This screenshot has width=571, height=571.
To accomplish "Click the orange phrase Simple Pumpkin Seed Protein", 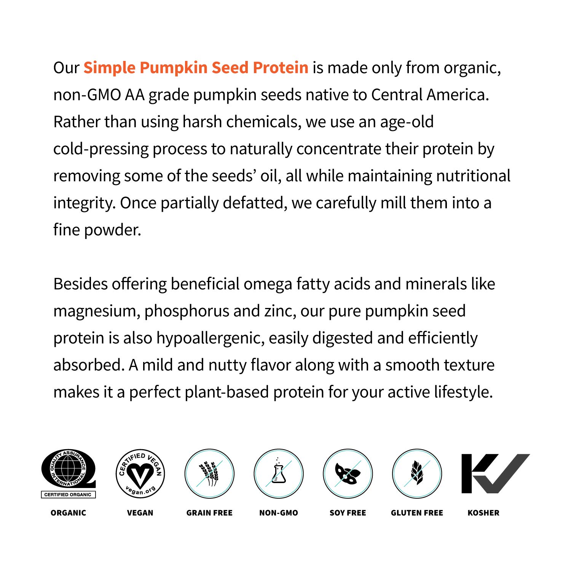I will (196, 68).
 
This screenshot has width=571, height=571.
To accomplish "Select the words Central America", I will (430, 95).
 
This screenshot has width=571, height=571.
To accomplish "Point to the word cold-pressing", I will (101, 149).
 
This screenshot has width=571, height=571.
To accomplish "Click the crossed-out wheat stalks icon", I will (209, 474).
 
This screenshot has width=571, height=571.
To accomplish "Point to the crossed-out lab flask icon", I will (279, 474).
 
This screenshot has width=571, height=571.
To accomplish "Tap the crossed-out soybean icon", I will (348, 474).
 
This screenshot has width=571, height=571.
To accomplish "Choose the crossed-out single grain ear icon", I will (417, 474).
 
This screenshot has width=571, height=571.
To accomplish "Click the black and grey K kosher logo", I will (495, 474).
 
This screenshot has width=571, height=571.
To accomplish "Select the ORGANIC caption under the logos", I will (69, 513).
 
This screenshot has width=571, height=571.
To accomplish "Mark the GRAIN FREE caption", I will (209, 513).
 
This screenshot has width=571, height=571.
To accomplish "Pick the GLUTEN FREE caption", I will (417, 513).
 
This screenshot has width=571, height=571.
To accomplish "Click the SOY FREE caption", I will (348, 513).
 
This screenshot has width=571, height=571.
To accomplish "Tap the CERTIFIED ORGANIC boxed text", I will (68, 494).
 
